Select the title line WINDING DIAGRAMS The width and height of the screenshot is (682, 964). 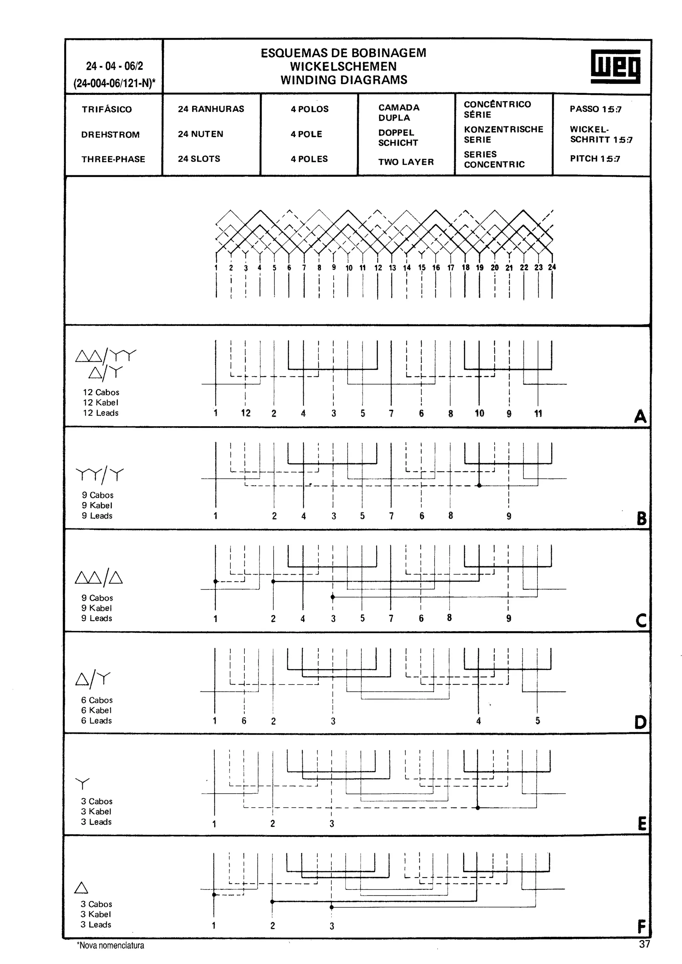344,80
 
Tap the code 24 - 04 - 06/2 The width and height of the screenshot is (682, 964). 114,66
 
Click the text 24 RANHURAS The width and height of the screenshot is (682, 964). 210,109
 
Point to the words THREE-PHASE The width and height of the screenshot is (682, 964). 113,159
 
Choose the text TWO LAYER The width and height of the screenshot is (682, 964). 406,162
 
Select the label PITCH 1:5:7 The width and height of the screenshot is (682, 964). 595,159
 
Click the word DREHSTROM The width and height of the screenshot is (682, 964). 110,135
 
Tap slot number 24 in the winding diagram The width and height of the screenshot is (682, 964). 552,267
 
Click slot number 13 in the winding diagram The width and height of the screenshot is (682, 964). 392,267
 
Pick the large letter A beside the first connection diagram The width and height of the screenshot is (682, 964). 640,416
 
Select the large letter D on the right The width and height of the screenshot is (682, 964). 640,722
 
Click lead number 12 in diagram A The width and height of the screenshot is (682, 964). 245,413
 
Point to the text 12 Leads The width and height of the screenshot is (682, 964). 101,413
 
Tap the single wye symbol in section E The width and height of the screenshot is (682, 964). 82,783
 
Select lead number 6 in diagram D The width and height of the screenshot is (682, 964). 244,721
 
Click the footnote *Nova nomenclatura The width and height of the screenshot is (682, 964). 110,945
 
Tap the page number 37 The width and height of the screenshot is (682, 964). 644,944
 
